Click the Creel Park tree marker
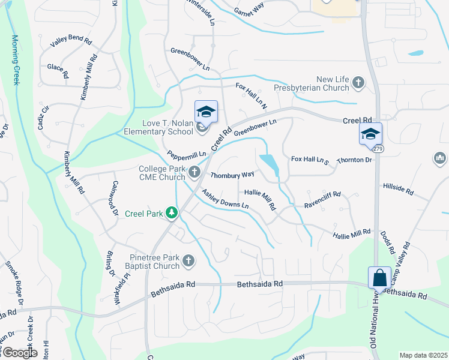pyautogui.click(x=172, y=213)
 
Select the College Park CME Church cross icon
pyautogui.click(x=194, y=173)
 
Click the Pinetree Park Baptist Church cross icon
pyautogui.click(x=188, y=261)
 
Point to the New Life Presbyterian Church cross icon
pyautogui.click(x=358, y=83)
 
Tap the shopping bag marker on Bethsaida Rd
pyautogui.click(x=379, y=278)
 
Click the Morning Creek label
pyautogui.click(x=16, y=60)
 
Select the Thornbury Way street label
pyautogui.click(x=232, y=175)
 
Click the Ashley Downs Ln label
pyautogui.click(x=225, y=200)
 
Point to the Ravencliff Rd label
pyautogui.click(x=322, y=194)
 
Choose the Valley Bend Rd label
pyautogui.click(x=71, y=42)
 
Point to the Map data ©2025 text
pyautogui.click(x=423, y=355)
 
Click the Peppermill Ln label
pyautogui.click(x=187, y=154)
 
